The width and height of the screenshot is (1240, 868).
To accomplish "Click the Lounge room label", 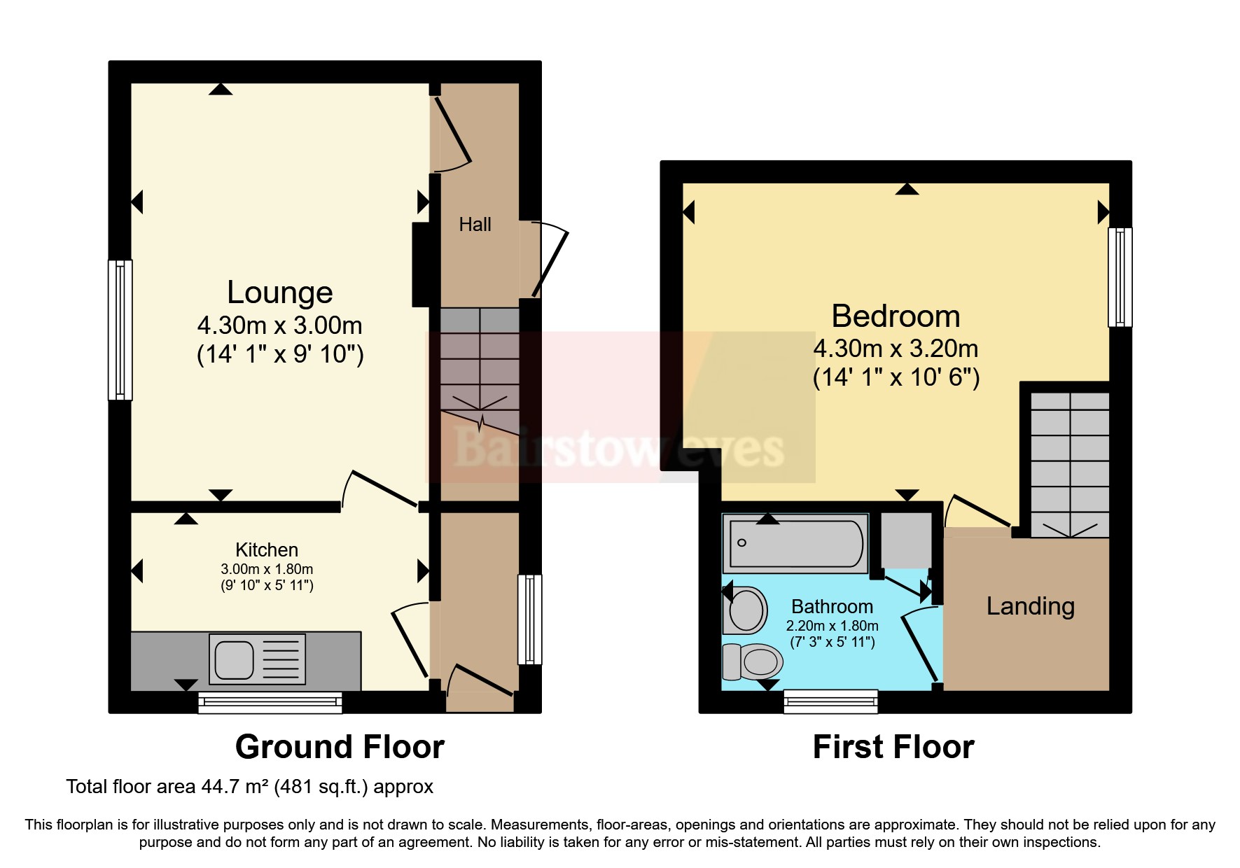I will point(279,292).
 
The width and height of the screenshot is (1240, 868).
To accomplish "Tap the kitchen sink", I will point(257,659).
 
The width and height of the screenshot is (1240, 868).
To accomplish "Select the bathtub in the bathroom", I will point(795,543).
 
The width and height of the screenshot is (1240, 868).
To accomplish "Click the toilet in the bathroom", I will point(753,661).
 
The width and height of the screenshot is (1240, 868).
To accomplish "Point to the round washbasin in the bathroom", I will point(746,610).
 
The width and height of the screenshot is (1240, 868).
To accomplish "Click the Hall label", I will point(475,225).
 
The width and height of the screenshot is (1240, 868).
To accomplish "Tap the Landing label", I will point(1030,606).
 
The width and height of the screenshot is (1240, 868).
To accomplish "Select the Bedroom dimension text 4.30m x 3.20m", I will point(896,349).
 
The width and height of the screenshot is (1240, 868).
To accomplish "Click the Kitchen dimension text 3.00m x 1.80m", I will point(267,569).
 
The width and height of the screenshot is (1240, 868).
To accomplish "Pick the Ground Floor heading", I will point(340,747).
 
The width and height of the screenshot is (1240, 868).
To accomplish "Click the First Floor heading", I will point(893,747).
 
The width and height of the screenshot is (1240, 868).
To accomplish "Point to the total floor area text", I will point(250,787).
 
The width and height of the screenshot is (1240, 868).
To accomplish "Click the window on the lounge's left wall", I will point(120,330).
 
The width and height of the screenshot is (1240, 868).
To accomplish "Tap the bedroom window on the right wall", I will point(1120,277).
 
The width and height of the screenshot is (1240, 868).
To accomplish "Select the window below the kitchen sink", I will point(270,702).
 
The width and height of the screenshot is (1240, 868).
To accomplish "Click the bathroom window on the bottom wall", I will point(830,701).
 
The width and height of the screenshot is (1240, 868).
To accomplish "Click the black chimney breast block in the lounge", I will point(421,264).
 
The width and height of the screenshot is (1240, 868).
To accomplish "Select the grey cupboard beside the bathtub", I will point(906,540).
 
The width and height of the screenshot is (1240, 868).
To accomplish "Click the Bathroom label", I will point(832,606).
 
